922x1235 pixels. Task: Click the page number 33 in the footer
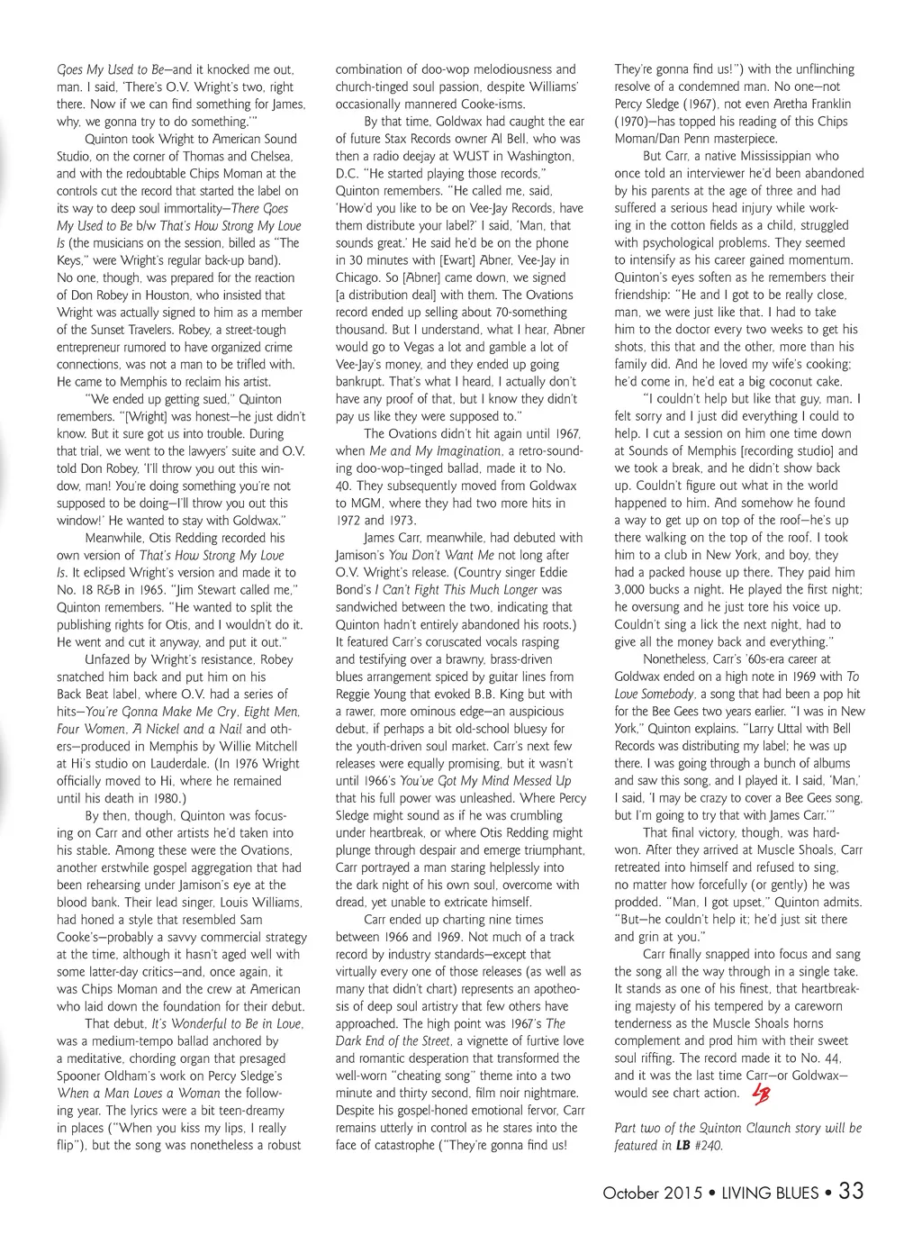pos(851,1191)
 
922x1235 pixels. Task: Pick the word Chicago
pos(357,277)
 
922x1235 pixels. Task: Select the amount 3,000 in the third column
pos(633,589)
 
